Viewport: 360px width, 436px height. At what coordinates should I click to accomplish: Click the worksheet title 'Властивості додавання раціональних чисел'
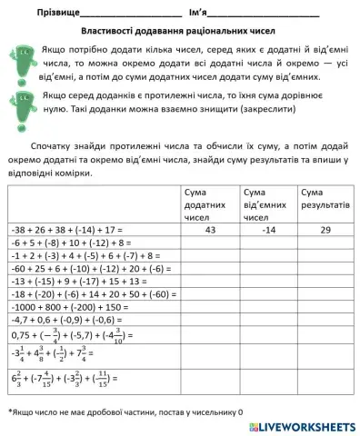point(180,30)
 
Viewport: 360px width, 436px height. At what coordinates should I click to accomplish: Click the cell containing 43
point(210,231)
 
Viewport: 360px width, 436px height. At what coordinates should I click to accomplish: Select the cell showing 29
point(325,231)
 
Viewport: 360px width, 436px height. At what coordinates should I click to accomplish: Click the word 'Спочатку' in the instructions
point(52,144)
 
